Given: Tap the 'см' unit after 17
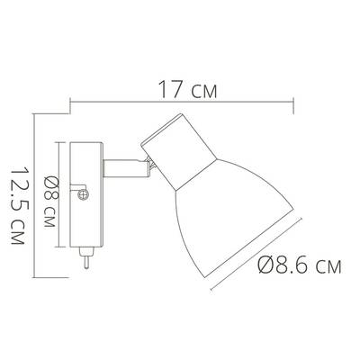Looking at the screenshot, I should click(x=202, y=90).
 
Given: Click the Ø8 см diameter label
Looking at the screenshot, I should click(x=50, y=193).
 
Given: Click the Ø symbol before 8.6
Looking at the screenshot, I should click(x=265, y=265).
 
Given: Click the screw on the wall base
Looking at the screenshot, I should click(x=84, y=193).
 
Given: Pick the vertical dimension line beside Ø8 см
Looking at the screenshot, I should click(x=60, y=193).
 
